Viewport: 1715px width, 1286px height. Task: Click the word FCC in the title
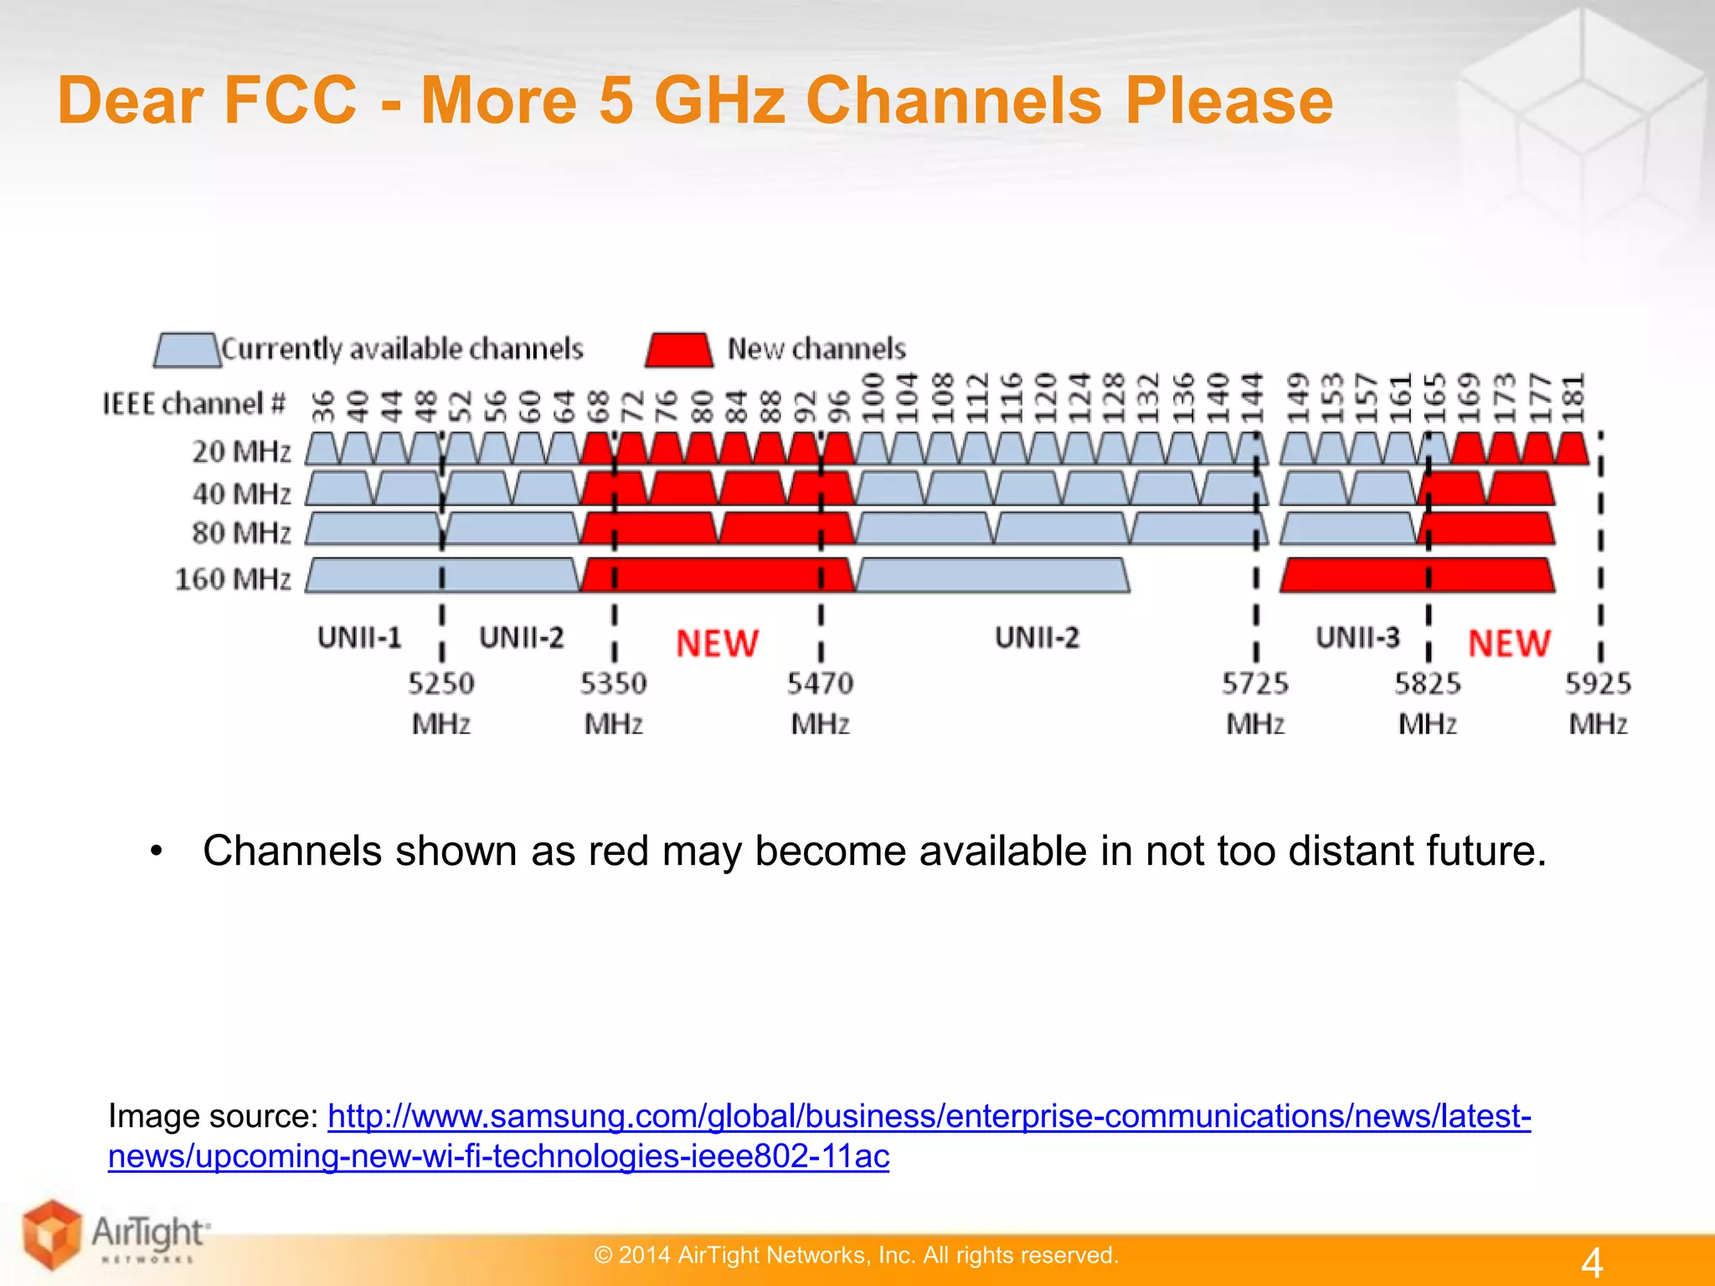(291, 100)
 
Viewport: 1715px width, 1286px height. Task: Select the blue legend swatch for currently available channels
(186, 350)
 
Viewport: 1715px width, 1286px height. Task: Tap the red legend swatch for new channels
(679, 350)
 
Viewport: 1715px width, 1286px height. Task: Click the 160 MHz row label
(233, 579)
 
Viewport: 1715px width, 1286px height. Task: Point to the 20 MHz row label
(241, 451)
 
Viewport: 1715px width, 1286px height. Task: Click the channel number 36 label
(323, 405)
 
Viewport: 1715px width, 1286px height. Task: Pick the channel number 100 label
(873, 399)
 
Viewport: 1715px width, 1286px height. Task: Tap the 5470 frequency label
(820, 684)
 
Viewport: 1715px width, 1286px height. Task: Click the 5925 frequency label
(1598, 684)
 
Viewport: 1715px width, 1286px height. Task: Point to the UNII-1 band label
(359, 638)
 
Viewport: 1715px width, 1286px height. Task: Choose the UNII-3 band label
(1357, 638)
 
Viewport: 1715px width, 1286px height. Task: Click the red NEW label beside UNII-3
(1509, 643)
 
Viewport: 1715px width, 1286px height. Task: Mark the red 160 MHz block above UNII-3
(1417, 576)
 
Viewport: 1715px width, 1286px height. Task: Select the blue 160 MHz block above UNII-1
(442, 576)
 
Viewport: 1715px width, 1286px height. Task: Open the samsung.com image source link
(929, 1117)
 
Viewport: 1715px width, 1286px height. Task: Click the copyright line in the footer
(856, 1255)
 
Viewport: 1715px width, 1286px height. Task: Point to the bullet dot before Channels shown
(156, 852)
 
